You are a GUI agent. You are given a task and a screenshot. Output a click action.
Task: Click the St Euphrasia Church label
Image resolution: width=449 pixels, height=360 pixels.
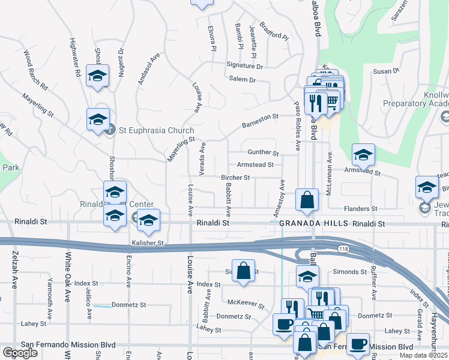pyautogui.click(x=156, y=130)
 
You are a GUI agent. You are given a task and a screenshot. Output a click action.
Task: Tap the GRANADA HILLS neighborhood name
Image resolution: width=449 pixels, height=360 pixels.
pyautogui.click(x=314, y=223)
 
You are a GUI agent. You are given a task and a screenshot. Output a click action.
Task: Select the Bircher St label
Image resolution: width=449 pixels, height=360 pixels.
pyautogui.click(x=235, y=178)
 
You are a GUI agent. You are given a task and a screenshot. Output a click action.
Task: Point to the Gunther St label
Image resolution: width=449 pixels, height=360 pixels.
pyautogui.click(x=264, y=153)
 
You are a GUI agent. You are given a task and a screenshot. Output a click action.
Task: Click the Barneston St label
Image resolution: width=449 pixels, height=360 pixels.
pyautogui.click(x=261, y=121)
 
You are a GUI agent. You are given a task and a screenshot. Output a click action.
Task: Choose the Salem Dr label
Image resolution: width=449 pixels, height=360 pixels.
pyautogui.click(x=242, y=79)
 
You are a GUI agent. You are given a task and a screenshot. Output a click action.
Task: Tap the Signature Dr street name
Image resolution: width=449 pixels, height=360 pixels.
pyautogui.click(x=241, y=65)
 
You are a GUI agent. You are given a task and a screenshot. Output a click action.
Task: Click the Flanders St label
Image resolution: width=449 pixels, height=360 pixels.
pyautogui.click(x=360, y=209)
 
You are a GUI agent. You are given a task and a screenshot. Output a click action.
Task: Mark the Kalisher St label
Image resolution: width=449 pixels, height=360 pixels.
pyautogui.click(x=148, y=243)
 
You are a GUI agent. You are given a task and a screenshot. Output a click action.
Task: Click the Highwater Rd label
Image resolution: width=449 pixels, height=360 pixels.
pyautogui.click(x=75, y=58)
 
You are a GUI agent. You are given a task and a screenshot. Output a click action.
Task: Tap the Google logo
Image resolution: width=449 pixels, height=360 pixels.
pyautogui.click(x=19, y=352)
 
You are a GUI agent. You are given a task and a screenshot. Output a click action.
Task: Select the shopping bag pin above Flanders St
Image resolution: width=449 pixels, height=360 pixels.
pyautogui.click(x=307, y=200)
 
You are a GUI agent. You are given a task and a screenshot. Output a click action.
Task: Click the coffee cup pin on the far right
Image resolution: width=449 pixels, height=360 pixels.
pyautogui.click(x=358, y=344)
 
